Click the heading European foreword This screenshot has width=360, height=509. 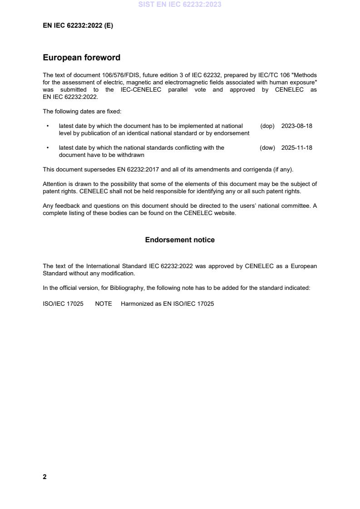(x=81, y=58)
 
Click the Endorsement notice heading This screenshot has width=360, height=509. (x=180, y=240)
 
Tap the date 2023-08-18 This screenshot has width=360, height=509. (x=296, y=126)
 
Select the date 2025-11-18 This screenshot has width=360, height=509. (x=296, y=148)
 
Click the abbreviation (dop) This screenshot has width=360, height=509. (x=267, y=126)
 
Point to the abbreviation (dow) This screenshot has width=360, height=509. (x=267, y=148)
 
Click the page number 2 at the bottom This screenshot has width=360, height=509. (x=44, y=477)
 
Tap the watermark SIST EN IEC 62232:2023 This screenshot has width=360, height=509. (x=180, y=5)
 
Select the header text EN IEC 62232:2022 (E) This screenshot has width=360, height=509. (x=78, y=26)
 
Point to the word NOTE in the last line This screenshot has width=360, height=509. (x=103, y=304)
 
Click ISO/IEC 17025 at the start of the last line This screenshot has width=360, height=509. (x=63, y=304)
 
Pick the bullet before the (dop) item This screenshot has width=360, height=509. (x=48, y=126)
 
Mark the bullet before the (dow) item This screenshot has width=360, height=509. (x=48, y=148)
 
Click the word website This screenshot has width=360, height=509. (x=225, y=213)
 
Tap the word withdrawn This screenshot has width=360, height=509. (x=129, y=155)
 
